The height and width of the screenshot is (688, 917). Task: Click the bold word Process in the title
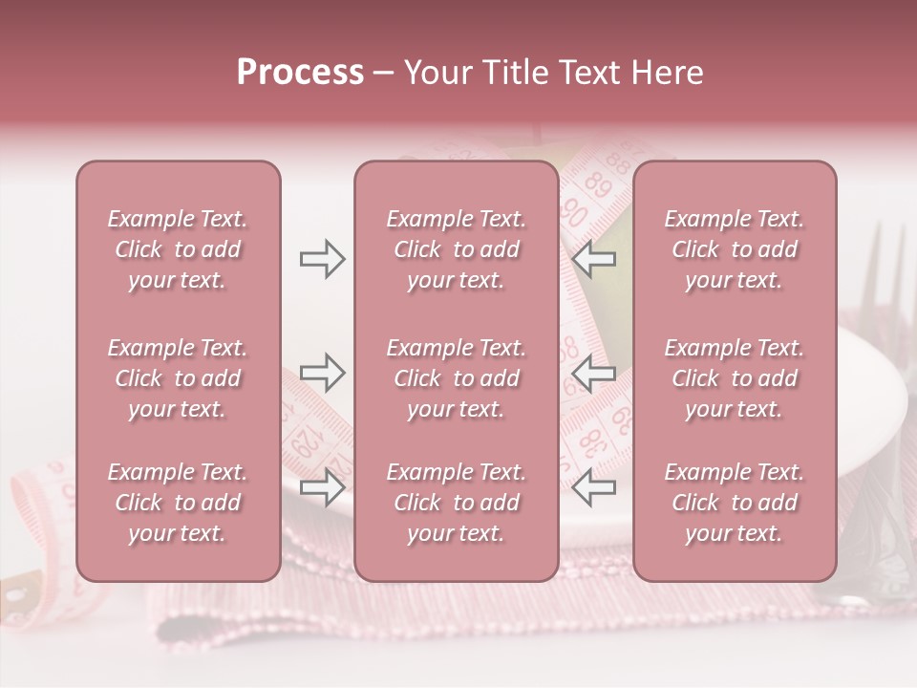300,73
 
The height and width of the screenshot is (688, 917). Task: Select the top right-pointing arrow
322,259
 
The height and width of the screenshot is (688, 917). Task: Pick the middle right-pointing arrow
322,372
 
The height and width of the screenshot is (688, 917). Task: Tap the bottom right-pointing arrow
322,487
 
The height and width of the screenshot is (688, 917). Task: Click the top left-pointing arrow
594,259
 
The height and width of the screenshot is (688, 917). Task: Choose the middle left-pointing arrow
594,372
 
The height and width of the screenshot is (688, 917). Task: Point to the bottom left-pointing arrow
594,487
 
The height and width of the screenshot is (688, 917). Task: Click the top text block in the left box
178,249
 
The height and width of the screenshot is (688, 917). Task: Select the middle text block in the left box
178,378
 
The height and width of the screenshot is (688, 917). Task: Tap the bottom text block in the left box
178,503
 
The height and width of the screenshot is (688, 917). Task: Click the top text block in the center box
456,249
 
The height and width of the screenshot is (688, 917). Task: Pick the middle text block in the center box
456,378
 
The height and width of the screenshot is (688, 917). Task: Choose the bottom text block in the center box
456,503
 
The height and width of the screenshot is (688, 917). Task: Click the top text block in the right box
734,249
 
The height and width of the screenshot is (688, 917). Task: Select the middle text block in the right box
734,378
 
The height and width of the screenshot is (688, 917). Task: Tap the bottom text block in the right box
734,503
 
